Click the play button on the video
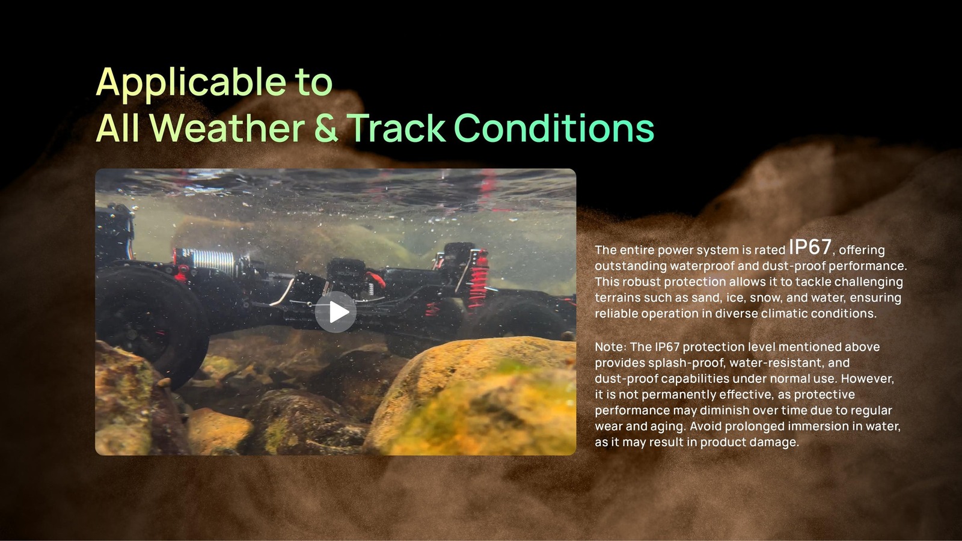tap(335, 312)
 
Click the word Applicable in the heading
tap(191, 82)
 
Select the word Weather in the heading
tap(227, 127)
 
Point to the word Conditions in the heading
tap(554, 127)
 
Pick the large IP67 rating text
tap(810, 247)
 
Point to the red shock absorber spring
tap(479, 279)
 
